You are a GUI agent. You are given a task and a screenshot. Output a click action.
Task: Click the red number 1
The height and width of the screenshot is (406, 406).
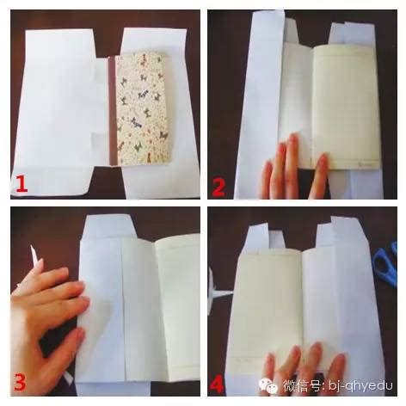tap(21, 184)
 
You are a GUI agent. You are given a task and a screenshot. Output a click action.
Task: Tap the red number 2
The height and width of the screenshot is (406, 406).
tap(218, 188)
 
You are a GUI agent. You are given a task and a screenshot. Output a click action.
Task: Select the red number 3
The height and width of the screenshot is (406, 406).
tap(20, 382)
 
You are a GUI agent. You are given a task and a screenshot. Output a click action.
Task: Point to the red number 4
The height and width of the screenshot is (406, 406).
tap(217, 383)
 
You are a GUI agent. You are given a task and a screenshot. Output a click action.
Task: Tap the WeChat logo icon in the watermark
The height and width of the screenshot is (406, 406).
tap(268, 385)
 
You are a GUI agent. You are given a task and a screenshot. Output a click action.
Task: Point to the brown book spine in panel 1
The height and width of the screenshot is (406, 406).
tap(112, 111)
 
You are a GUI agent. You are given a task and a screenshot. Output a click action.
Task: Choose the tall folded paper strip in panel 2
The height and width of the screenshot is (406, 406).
tap(261, 103)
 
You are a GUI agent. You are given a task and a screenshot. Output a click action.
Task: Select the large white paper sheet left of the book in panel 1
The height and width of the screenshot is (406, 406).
tap(62, 112)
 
